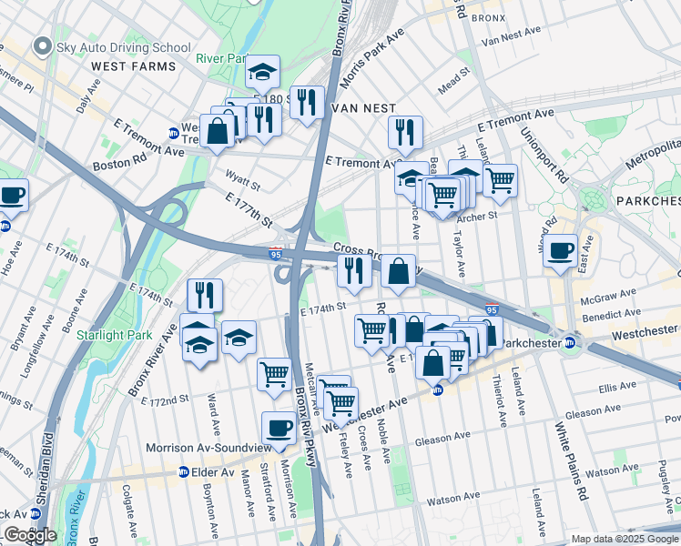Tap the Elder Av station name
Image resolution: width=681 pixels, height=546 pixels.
click(x=214, y=473)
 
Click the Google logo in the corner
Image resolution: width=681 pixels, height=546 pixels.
click(x=29, y=535)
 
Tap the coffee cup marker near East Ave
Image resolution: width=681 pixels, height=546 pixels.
click(x=560, y=248)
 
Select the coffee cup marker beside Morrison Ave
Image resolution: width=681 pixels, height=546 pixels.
click(x=279, y=427)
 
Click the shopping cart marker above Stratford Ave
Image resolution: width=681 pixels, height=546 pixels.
click(x=273, y=373)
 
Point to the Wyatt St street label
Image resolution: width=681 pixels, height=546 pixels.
click(x=241, y=185)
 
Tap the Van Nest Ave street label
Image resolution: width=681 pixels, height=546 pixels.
click(x=511, y=36)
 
